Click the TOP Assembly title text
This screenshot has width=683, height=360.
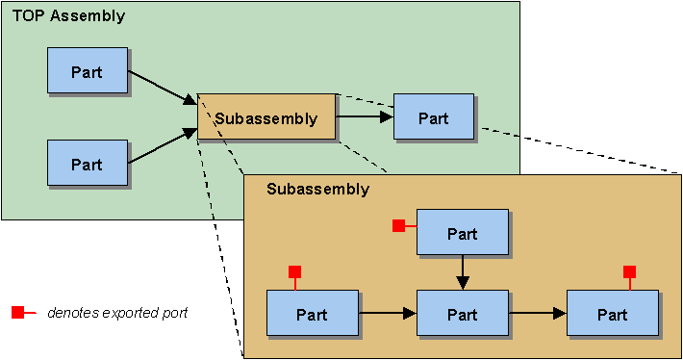pos(68,16)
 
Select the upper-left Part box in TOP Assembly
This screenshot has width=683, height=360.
pos(88,70)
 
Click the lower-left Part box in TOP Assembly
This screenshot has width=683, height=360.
pos(88,163)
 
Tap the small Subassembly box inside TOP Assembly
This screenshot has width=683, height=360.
pos(266,117)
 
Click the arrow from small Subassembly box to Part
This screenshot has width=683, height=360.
pos(365,116)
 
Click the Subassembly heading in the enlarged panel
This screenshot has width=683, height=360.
pos(317,189)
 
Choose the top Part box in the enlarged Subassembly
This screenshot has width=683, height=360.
pos(462,233)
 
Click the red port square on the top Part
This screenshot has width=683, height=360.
pos(399,225)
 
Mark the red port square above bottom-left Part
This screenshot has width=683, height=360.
pos(295,271)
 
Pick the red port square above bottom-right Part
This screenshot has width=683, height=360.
pos(630,271)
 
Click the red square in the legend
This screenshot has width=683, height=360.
pos(17,313)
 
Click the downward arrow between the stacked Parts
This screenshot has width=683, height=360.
pos(463,271)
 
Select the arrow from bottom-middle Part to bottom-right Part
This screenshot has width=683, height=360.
pos(537,313)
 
